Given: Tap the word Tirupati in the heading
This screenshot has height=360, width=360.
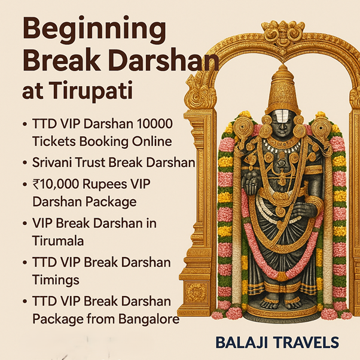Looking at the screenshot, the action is click(91, 90).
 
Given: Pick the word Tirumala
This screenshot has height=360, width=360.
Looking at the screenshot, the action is click(58, 240).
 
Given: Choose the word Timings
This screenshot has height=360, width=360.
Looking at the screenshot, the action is click(56, 280).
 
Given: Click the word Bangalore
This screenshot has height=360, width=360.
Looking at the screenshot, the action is click(149, 319).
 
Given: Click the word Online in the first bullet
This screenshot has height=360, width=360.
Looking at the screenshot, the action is click(152, 141).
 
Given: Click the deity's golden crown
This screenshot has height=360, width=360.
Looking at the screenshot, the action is click(283, 90).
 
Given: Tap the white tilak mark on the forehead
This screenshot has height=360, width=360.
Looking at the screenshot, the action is click(282, 118).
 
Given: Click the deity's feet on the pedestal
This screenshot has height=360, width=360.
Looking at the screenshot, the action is click(282, 304).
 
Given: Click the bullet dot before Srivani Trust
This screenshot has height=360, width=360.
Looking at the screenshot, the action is click(25, 163).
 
